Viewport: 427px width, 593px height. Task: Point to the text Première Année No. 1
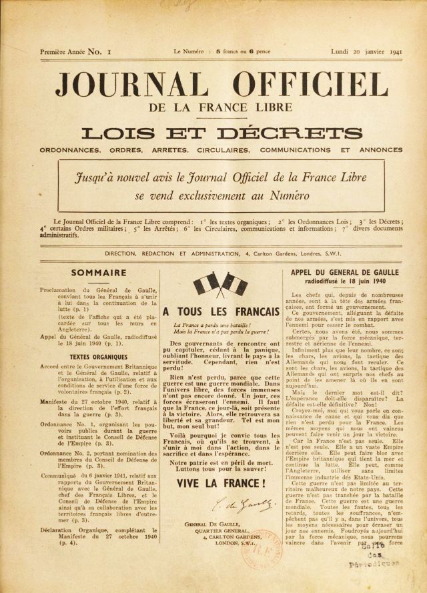click(x=75, y=51)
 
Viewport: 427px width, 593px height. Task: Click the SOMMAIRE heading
click(x=98, y=272)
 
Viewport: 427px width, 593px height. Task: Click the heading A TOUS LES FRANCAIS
click(x=221, y=312)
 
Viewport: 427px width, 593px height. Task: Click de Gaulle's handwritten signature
click(x=221, y=504)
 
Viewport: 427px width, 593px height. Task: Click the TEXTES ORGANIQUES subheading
click(x=99, y=357)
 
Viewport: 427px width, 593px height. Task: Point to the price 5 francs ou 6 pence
click(x=237, y=51)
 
